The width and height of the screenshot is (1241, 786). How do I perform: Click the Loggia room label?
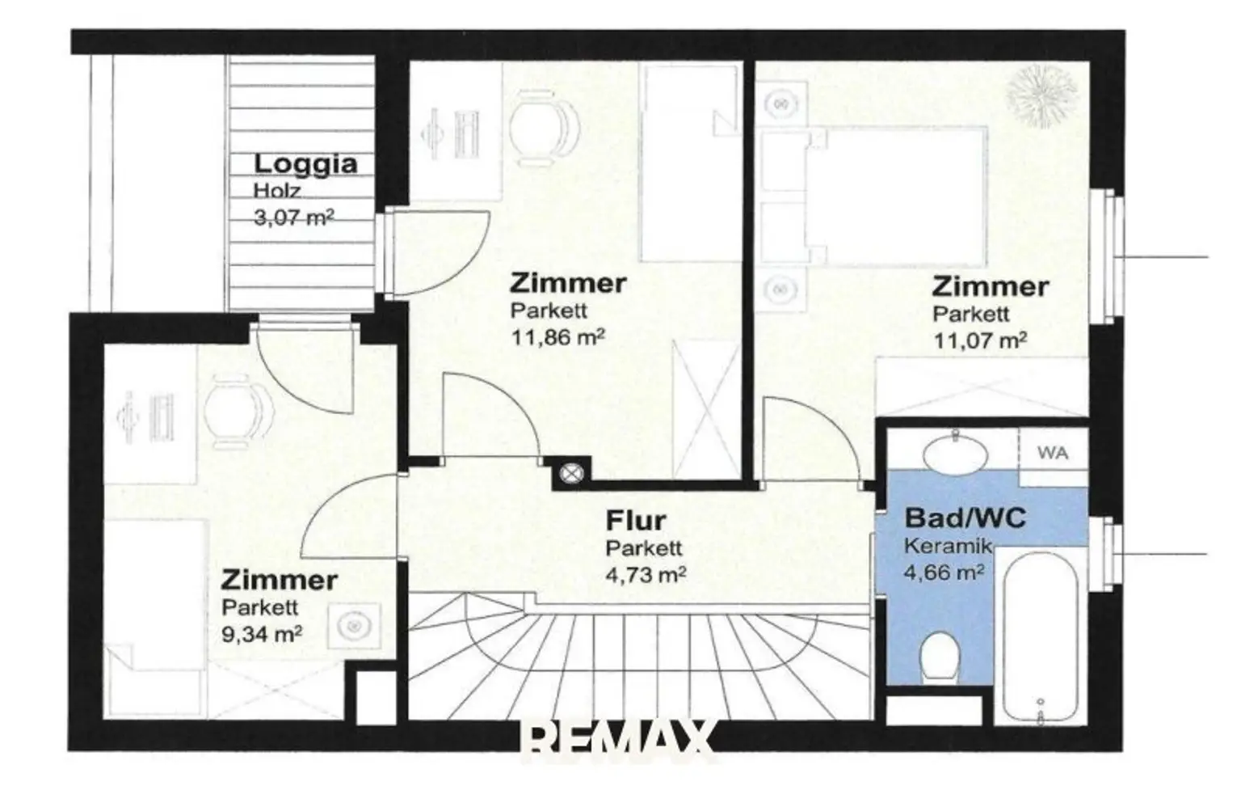pyautogui.click(x=305, y=165)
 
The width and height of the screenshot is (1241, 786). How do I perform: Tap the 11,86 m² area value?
pyautogui.click(x=557, y=336)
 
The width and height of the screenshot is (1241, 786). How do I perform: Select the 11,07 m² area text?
pyautogui.click(x=980, y=340)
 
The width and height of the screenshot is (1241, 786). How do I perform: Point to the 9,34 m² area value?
pyautogui.click(x=262, y=634)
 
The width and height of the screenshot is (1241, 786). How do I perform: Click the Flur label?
pyautogui.click(x=636, y=521)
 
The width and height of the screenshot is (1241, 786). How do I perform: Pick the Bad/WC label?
pyautogui.click(x=965, y=518)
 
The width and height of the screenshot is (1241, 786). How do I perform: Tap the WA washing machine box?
pyautogui.click(x=1054, y=452)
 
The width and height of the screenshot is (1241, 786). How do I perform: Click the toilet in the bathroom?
pyautogui.click(x=940, y=658)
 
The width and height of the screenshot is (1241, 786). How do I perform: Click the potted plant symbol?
pyautogui.click(x=1042, y=96)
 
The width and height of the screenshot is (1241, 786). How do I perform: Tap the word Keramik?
pyautogui.click(x=948, y=547)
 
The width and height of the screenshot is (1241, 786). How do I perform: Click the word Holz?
pyautogui.click(x=277, y=191)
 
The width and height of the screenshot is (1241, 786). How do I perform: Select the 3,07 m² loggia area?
pyautogui.click(x=293, y=218)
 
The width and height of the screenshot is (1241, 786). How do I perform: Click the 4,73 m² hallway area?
pyautogui.click(x=646, y=575)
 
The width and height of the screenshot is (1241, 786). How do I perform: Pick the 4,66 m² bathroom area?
pyautogui.click(x=944, y=572)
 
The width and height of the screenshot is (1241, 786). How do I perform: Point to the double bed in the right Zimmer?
pyautogui.click(x=873, y=196)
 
